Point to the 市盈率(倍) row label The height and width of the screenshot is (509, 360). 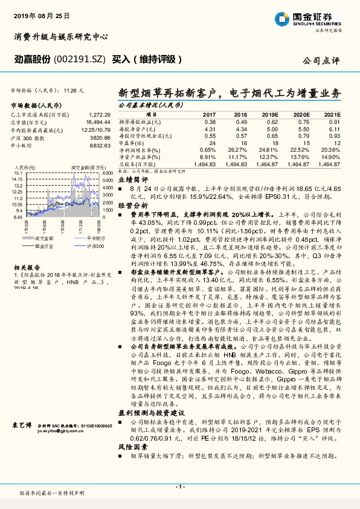[133, 143]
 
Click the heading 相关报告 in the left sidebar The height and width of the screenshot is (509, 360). [25, 267]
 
